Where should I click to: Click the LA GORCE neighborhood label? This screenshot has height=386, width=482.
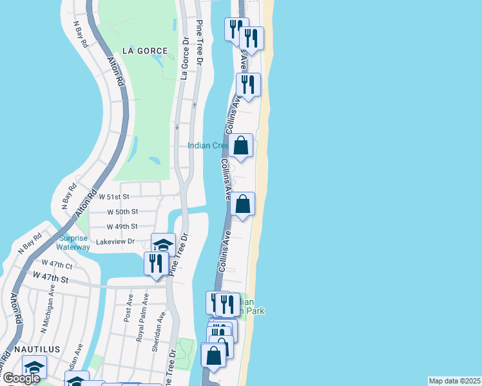[146, 50]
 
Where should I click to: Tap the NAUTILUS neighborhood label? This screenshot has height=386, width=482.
[39, 349]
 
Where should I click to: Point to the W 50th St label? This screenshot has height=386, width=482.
[122, 212]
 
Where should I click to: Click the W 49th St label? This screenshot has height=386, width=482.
[122, 226]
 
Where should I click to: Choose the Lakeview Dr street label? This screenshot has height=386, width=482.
[115, 242]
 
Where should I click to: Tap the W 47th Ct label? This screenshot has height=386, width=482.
[57, 264]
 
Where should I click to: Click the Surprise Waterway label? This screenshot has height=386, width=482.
[73, 242]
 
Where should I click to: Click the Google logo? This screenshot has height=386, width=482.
[21, 378]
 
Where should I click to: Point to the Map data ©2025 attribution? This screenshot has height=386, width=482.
[455, 381]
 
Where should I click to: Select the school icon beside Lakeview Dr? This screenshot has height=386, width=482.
[164, 244]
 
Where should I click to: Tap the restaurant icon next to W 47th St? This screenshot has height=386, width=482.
[157, 263]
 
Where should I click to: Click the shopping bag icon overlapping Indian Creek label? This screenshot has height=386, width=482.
[241, 145]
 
